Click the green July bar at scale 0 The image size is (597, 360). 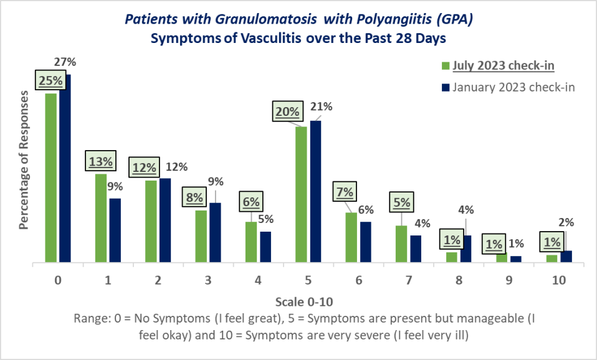pos(50,178)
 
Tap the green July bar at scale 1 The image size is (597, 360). pos(101,219)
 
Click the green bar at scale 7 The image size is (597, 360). pos(401,244)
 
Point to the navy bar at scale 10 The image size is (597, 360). pos(566,257)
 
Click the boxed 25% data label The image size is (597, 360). pos(50,80)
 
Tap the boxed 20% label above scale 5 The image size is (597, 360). pos(287,112)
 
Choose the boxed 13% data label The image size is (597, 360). pos(100,162)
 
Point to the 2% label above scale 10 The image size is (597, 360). pos(566,222)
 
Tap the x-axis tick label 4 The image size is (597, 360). pos(258,280)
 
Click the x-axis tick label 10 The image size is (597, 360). pos(558,280)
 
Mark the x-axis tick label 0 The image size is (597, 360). pos(57,280)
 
